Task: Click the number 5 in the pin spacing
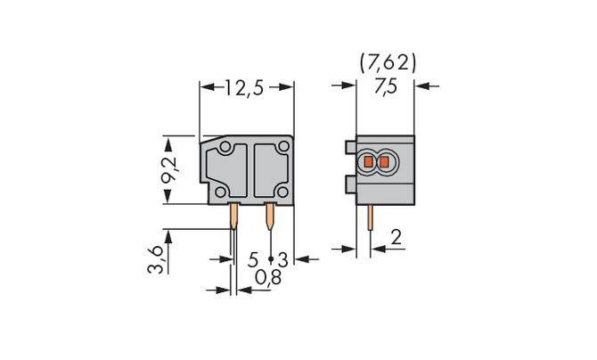253,259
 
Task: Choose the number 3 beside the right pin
282,259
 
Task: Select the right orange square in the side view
384,163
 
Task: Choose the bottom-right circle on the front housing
282,192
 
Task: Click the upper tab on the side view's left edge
349,144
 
